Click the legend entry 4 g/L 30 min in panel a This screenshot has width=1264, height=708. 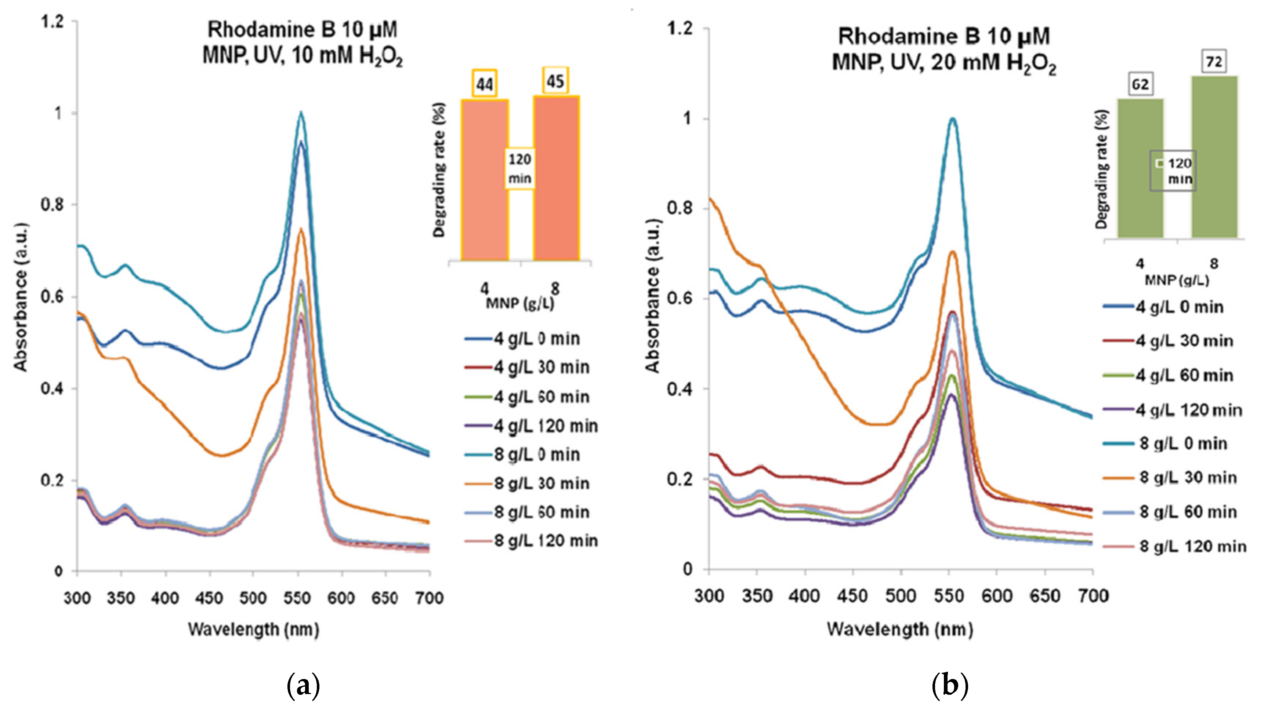pos(541,367)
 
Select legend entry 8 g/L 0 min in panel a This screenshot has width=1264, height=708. pos(536,455)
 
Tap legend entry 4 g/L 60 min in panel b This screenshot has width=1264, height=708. pos(1184,376)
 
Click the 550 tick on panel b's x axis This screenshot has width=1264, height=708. pos(949,596)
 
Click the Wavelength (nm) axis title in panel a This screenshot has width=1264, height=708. pos(254,629)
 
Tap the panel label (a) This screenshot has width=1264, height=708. pos(303,685)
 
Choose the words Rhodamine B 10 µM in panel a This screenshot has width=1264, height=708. pos(302,30)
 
